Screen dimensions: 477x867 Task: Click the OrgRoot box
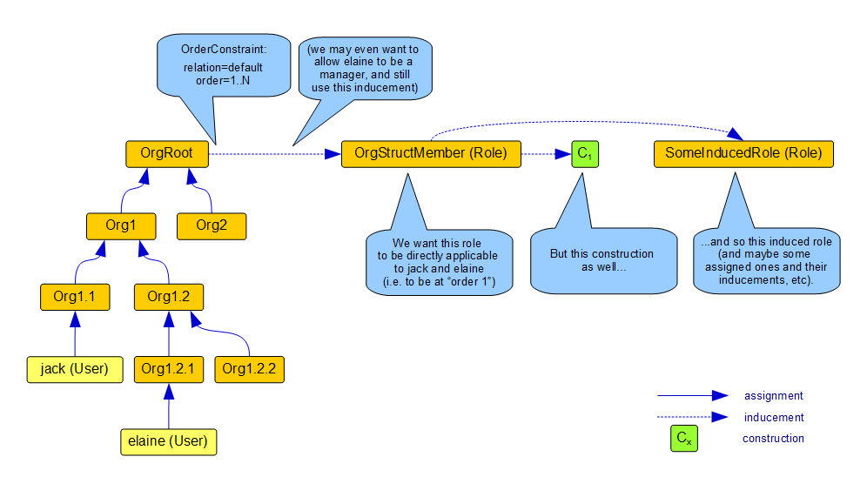point(168,153)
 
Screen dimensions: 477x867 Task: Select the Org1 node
point(121,225)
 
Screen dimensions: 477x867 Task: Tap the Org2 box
point(212,225)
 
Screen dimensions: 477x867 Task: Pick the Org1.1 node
point(74,297)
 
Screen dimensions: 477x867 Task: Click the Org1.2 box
point(168,297)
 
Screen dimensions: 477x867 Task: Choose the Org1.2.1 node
point(168,368)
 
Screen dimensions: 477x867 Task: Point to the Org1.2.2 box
point(250,368)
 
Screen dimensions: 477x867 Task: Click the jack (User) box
point(74,368)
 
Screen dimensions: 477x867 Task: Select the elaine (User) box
point(168,440)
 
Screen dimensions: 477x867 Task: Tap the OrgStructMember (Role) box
point(431,153)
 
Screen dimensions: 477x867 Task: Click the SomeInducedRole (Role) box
point(743,153)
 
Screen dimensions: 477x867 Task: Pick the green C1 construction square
point(585,154)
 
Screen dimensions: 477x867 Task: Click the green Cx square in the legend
point(683,439)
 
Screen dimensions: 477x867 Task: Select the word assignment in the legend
point(773,396)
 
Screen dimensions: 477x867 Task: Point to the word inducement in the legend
point(773,417)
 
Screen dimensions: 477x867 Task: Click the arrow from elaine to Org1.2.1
point(168,405)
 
